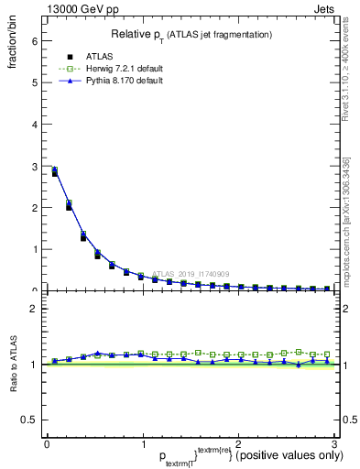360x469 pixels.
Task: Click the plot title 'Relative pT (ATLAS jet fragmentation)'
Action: click(x=191, y=35)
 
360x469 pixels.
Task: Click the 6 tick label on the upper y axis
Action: click(x=34, y=40)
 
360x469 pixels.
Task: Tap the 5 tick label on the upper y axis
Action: click(x=34, y=82)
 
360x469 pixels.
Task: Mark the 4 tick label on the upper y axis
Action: click(x=34, y=124)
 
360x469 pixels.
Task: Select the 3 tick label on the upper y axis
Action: click(x=34, y=166)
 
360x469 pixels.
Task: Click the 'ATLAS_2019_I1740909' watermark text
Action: click(x=193, y=274)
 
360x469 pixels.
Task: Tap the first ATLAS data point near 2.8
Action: click(x=55, y=172)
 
